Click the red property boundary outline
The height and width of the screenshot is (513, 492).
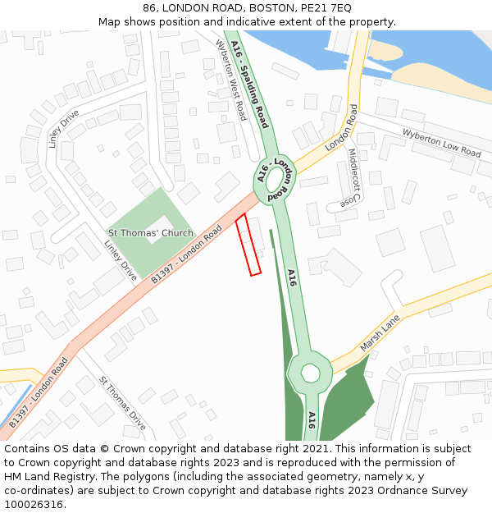[248, 245]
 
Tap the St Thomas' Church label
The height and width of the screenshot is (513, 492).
[151, 233]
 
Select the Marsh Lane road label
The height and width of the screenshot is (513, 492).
[380, 332]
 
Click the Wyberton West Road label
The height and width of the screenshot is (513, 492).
[231, 80]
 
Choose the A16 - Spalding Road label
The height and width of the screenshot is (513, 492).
[250, 85]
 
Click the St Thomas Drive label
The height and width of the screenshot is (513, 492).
[122, 403]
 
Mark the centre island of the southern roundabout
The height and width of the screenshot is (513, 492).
[310, 373]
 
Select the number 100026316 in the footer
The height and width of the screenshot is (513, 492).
[32, 505]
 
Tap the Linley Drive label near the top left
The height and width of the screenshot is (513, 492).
[63, 127]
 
